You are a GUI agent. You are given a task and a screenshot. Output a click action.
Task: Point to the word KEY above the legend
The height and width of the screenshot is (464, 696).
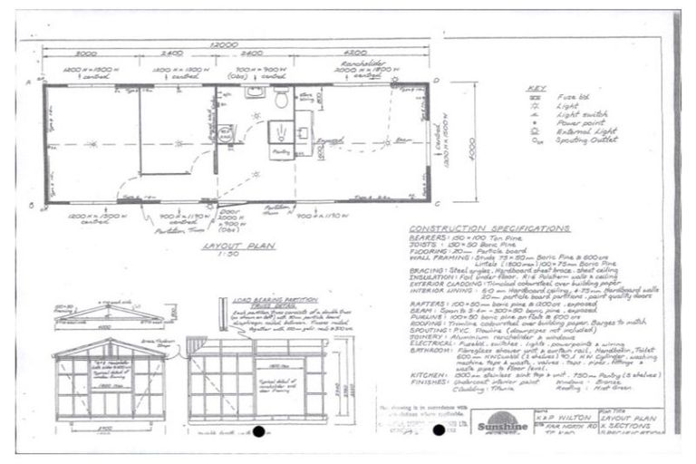[x=535, y=88]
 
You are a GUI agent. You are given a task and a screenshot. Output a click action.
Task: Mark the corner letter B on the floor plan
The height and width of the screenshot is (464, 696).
[x=31, y=206]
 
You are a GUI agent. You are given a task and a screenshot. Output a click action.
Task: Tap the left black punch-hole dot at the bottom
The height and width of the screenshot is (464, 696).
[x=260, y=430]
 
